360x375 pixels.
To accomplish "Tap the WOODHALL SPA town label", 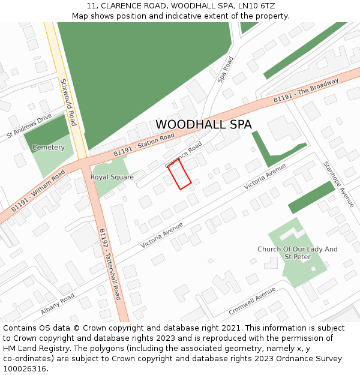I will pyautogui.click(x=203, y=125).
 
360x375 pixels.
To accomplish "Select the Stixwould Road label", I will pyautogui.click(x=68, y=101).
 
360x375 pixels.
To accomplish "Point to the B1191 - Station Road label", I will pyautogui.click(x=144, y=145).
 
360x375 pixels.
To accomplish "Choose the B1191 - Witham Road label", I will pyautogui.click(x=38, y=191).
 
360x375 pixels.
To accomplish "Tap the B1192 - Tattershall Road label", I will pyautogui.click(x=110, y=264).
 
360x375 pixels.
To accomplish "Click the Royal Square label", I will pyautogui.click(x=112, y=178).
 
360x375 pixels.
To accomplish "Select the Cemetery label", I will pyautogui.click(x=49, y=148).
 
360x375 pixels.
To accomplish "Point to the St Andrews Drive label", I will pyautogui.click(x=29, y=127).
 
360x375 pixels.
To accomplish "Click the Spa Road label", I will pyautogui.click(x=225, y=69).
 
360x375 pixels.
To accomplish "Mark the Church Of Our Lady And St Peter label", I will pyautogui.click(x=298, y=253).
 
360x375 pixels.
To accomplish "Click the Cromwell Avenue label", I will pyautogui.click(x=252, y=301).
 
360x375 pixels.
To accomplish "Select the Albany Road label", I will pyautogui.click(x=58, y=305).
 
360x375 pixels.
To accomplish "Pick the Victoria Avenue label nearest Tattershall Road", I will pyautogui.click(x=161, y=235).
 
